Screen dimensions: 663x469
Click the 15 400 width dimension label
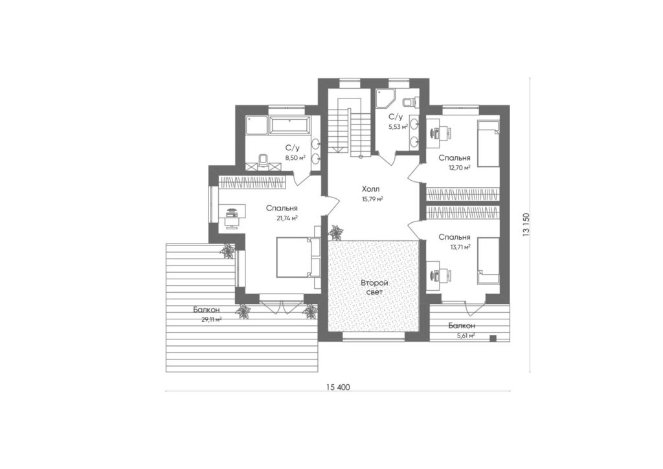coord(338,387)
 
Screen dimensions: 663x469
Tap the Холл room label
coord(370,189)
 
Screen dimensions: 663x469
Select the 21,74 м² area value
coord(287,218)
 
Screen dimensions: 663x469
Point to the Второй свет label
coord(374,287)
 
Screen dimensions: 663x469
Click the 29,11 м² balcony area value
coord(212,319)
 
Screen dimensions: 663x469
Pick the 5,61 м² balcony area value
coord(464,336)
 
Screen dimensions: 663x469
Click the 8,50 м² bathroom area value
coord(295,158)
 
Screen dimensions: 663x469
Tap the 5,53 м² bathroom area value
coord(398,126)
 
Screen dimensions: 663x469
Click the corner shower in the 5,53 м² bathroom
coord(385,98)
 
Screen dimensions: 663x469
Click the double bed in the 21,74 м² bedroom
coord(297,257)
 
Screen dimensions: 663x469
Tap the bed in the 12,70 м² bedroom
coord(488,143)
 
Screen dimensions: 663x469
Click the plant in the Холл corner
coord(337,233)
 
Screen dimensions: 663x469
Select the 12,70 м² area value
coord(460,167)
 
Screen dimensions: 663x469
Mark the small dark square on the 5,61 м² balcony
coord(493,337)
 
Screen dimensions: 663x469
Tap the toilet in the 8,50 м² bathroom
coord(263,161)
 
